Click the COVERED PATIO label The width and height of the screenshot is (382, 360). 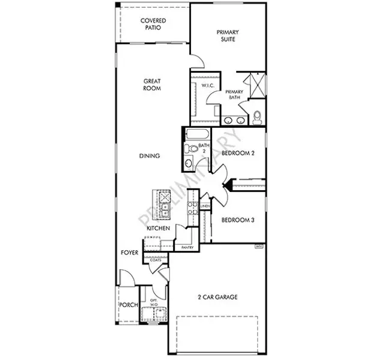coord(153,25)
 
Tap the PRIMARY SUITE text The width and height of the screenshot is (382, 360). coord(228,35)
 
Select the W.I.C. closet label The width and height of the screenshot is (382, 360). coord(208,86)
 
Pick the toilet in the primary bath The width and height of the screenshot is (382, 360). coord(258,116)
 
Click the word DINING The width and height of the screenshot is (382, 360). coord(149,156)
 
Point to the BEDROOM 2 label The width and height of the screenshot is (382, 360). coord(238,154)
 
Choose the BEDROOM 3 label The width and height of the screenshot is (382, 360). coord(238,220)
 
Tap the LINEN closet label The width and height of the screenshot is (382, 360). coord(205,206)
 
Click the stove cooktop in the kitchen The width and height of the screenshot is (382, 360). coord(193,208)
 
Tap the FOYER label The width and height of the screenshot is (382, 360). coord(129,253)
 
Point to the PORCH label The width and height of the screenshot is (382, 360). coord(129,305)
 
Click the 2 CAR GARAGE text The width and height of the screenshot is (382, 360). coord(218,297)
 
